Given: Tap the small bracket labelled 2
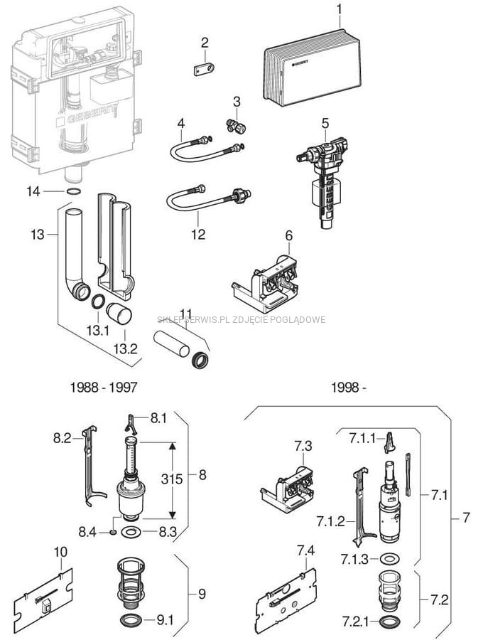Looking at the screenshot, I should (203, 70).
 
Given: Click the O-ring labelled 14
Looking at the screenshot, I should (72, 191).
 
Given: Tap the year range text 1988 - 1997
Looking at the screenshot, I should (104, 388).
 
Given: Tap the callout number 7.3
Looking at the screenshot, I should (303, 446).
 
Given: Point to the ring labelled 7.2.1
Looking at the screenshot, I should (389, 623).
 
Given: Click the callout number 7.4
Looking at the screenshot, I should (305, 550).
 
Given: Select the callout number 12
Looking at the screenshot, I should (199, 234).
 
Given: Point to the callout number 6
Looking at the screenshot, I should (288, 235).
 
